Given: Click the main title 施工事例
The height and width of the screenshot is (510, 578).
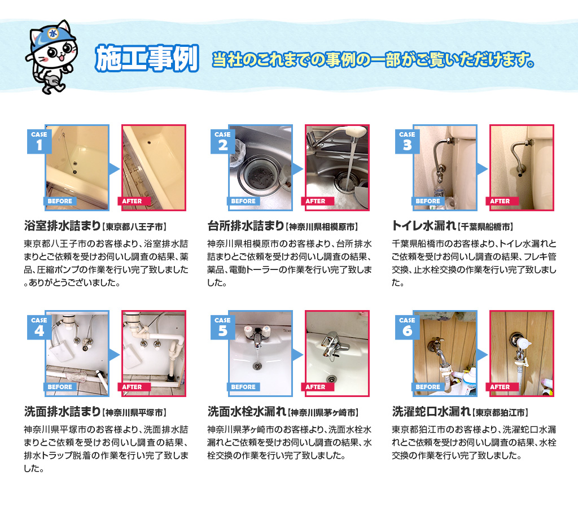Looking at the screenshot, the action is tap(147, 58).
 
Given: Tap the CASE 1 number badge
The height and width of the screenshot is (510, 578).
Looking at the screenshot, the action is tap(39, 141).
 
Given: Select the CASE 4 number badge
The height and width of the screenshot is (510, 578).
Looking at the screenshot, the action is tap(39, 327).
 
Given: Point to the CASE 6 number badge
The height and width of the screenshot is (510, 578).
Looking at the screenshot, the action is tap(407, 327).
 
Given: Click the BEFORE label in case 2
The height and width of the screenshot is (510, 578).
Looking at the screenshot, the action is tap(243, 201).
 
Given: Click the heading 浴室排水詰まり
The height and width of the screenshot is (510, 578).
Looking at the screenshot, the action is tap(62, 226).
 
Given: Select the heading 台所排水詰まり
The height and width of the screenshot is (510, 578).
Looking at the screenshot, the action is tap(246, 226).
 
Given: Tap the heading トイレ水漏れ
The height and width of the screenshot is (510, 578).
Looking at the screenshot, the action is tap(424, 226).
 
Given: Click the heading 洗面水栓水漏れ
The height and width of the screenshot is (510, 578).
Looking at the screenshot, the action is tap(247, 412).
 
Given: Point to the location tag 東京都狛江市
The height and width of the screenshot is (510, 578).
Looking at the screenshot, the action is tap(500, 412).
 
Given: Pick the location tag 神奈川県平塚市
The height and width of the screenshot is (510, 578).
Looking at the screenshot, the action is tap(134, 412).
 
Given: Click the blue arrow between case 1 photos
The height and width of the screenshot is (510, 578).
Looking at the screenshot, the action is tap(114, 169).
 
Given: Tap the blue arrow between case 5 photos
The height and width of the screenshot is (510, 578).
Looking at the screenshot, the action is tap(298, 355).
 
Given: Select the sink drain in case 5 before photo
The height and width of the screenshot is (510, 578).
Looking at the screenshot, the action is tap(257, 366).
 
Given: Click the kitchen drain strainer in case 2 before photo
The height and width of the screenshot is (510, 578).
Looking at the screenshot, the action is tap(261, 176).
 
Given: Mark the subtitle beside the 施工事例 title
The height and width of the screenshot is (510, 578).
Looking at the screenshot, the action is tap(373, 60).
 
